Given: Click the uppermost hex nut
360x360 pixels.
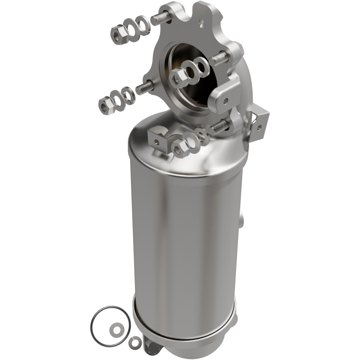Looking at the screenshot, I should click(x=119, y=33).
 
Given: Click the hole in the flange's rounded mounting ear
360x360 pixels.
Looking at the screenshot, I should click(x=224, y=101).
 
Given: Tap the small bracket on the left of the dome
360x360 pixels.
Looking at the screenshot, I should click(x=158, y=138).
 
